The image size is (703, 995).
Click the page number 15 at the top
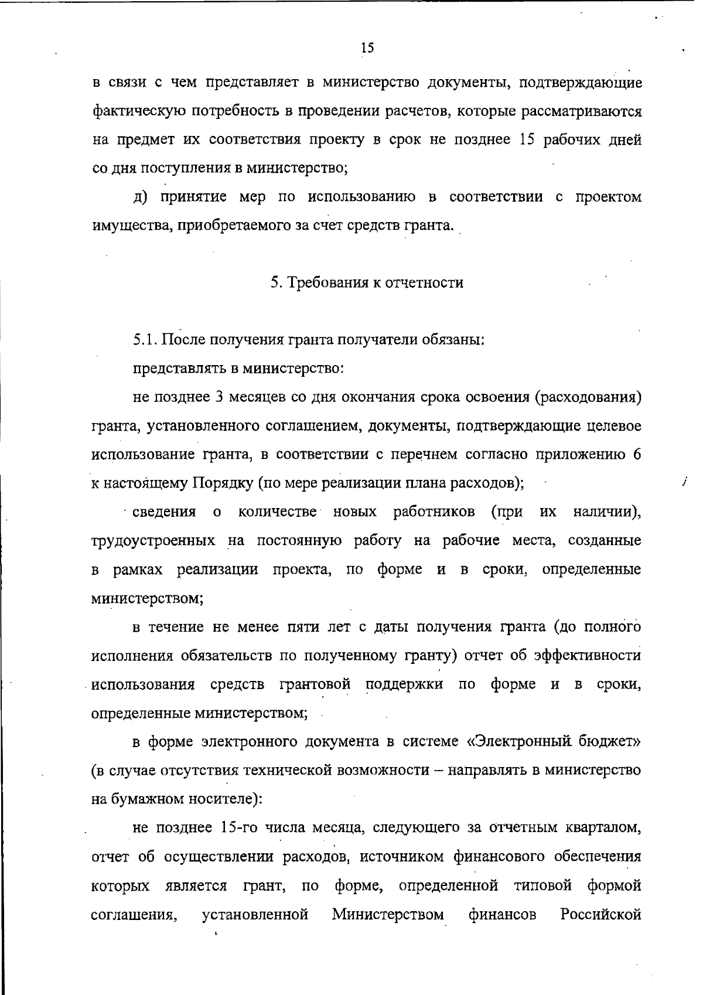click(x=367, y=48)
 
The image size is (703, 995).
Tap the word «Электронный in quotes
click(x=520, y=742)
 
